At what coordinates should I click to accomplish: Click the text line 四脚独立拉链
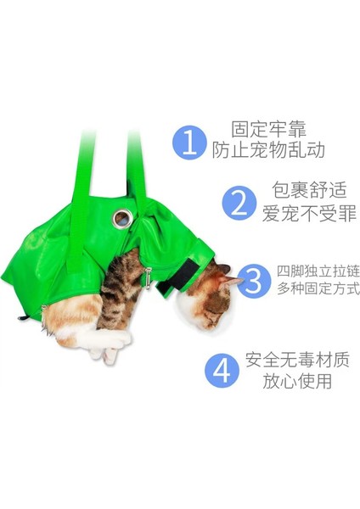click(318, 271)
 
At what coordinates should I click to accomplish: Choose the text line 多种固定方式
click(318, 289)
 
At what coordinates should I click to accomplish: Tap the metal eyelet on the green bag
click(121, 220)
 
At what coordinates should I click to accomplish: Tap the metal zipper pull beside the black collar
click(147, 276)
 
